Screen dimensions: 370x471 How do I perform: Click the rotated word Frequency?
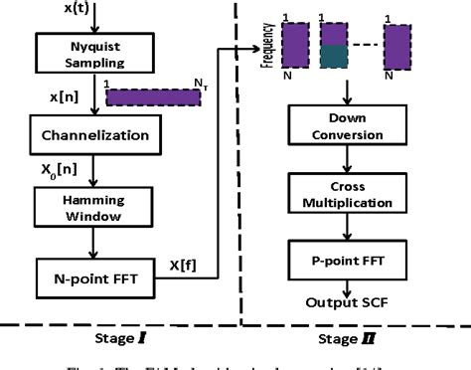click(x=266, y=46)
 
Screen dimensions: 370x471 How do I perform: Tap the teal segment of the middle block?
click(x=334, y=59)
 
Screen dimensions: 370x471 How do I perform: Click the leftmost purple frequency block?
click(x=295, y=47)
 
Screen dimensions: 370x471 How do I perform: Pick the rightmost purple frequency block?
click(x=397, y=47)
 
